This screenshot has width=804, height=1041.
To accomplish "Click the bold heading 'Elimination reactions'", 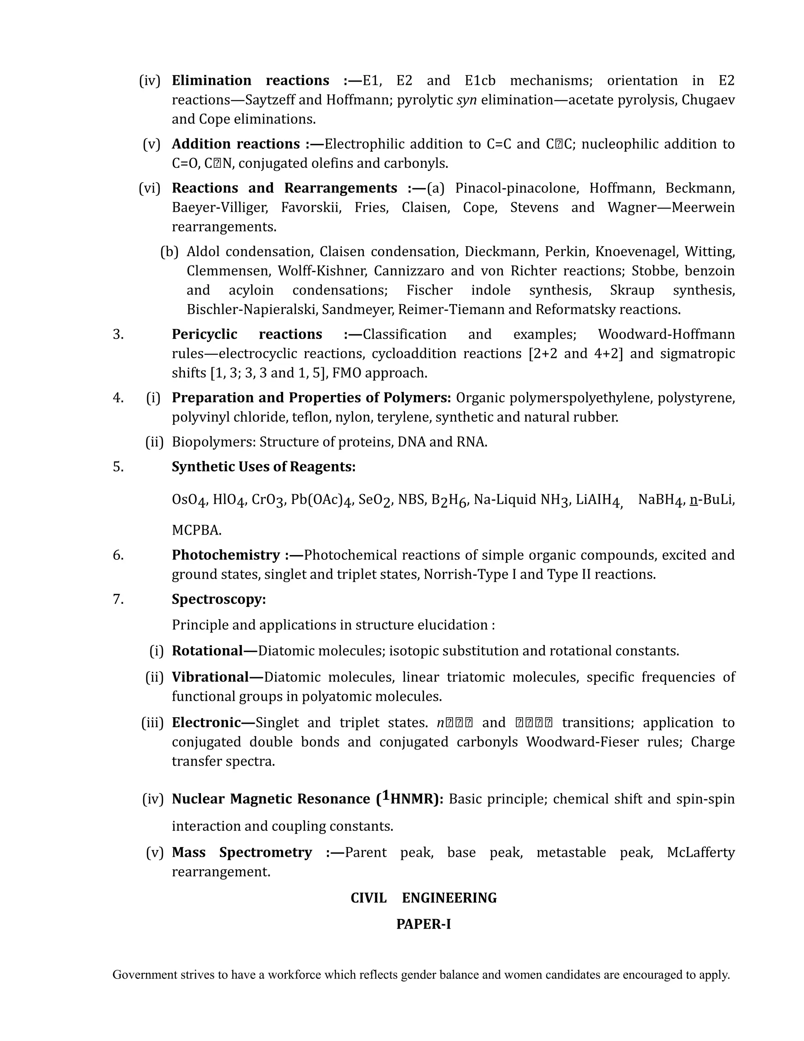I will tap(250, 80).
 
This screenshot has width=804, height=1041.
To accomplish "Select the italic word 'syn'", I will tap(466, 100).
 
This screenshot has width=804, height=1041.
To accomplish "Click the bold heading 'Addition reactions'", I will tap(236, 143).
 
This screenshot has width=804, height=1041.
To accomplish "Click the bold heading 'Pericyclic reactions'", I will tap(247, 334).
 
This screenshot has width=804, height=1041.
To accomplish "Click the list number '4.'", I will tap(118, 398).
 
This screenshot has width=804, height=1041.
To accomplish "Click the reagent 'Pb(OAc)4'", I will tap(321, 500).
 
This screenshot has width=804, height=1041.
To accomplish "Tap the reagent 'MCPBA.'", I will tap(197, 530).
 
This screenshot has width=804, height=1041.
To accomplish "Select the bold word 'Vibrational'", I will tap(210, 677).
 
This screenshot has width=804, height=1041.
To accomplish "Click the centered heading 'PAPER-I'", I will tap(424, 924).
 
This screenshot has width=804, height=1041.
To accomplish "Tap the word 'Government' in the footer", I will tap(145, 975).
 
